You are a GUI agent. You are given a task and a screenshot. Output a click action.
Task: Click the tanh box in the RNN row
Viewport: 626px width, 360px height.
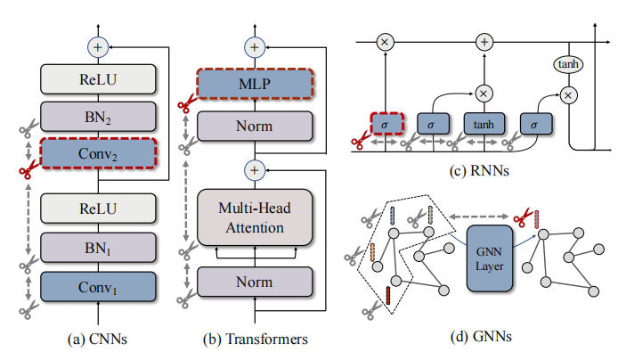(x=483, y=126)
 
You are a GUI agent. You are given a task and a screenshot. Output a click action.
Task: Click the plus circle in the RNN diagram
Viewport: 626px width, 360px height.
(x=484, y=41)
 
